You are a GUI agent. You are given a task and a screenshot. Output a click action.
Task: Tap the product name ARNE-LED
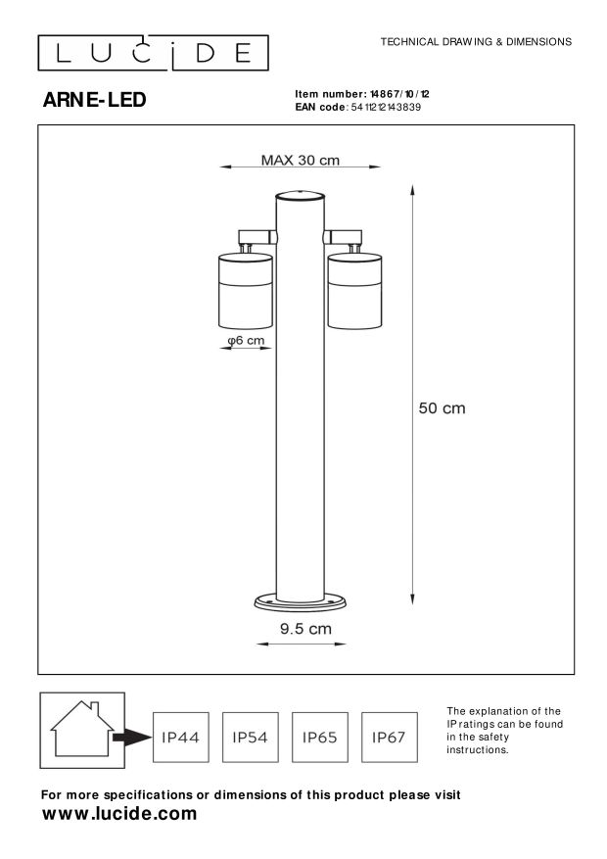[x=95, y=99]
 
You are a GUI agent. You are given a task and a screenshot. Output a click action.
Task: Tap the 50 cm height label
[x=443, y=408]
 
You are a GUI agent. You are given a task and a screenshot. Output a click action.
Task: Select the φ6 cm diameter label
[x=245, y=341]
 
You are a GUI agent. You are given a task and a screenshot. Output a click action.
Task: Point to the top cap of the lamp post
[x=299, y=195]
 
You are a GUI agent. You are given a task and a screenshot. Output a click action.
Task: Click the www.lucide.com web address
[x=120, y=814]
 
